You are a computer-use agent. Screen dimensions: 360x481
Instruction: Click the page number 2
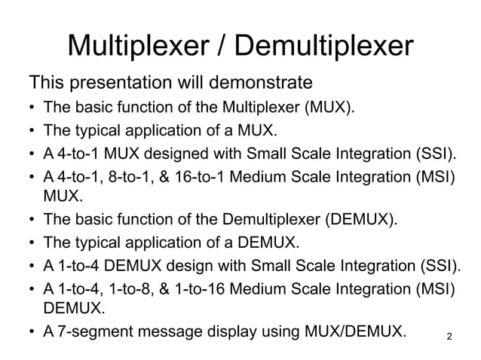click(450, 334)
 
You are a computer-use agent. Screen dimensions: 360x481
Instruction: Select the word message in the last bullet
click(167, 331)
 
